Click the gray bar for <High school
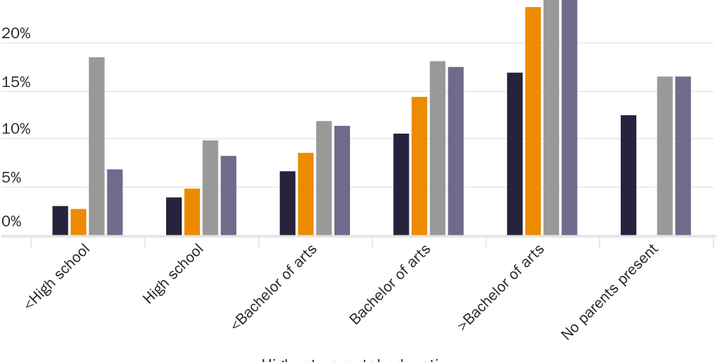[x=97, y=146]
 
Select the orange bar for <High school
[x=78, y=222]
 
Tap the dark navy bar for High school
[x=174, y=216]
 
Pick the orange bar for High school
[x=192, y=212]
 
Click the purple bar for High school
[x=228, y=195]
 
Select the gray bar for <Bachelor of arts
[x=324, y=178]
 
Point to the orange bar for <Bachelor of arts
[x=305, y=194]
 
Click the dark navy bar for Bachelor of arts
[x=402, y=184]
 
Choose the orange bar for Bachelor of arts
[x=419, y=165]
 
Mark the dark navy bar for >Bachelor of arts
[x=515, y=153]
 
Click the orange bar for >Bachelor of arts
[x=533, y=121]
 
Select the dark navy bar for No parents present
[x=629, y=175]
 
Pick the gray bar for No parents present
[x=665, y=156]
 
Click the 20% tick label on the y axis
[x=16, y=34]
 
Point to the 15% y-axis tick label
[x=16, y=83]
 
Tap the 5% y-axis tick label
[x=12, y=178]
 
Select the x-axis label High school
[x=173, y=274]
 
